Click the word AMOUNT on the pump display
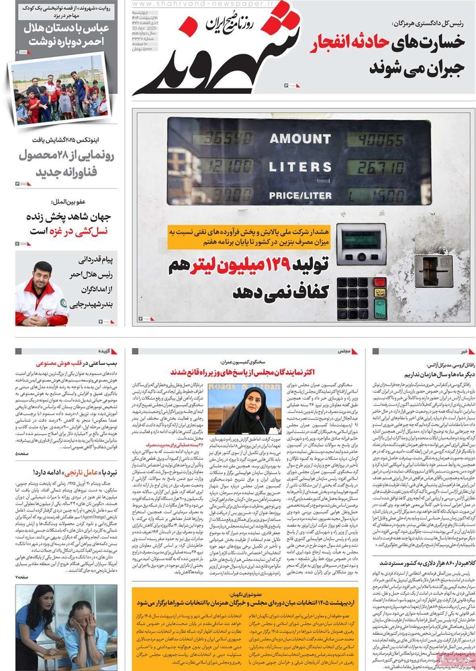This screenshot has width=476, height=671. click(300, 139)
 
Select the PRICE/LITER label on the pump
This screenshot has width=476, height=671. click(300, 195)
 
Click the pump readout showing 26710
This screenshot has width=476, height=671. click(378, 167)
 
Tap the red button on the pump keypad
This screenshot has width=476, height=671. click(380, 282)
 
